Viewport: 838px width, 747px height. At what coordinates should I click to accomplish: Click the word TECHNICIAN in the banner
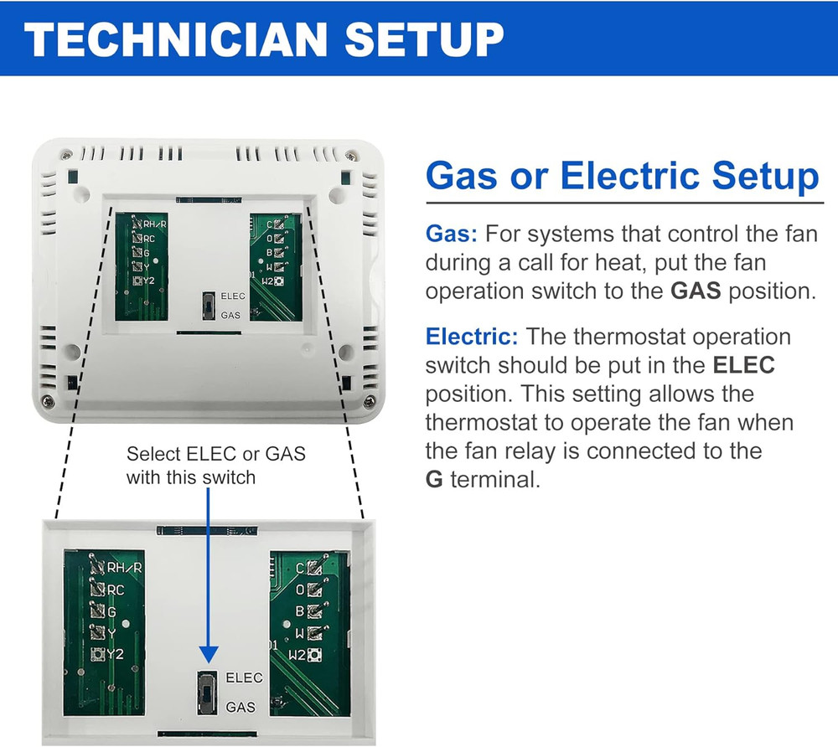pyautogui.click(x=175, y=39)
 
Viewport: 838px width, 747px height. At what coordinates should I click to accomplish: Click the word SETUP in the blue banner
pyautogui.click(x=424, y=39)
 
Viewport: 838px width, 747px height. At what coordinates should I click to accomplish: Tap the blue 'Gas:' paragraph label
pyautogui.click(x=452, y=234)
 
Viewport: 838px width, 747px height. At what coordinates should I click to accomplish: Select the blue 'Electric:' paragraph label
pyautogui.click(x=472, y=337)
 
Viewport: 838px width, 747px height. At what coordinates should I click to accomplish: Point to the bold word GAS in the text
pyautogui.click(x=696, y=291)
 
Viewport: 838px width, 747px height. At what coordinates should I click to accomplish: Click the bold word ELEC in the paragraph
pyautogui.click(x=744, y=365)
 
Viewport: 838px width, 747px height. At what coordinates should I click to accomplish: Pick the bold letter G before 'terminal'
pyautogui.click(x=434, y=480)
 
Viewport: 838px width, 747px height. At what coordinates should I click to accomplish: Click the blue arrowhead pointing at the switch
pyautogui.click(x=209, y=655)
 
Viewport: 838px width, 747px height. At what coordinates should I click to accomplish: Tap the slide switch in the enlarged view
pyautogui.click(x=207, y=693)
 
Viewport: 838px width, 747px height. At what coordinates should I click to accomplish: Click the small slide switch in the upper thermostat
pyautogui.click(x=209, y=306)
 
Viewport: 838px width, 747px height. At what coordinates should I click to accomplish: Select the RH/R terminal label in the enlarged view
pyautogui.click(x=125, y=567)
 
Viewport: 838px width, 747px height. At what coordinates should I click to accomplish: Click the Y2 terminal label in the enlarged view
pyautogui.click(x=115, y=654)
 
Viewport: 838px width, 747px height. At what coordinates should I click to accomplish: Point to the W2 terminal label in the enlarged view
pyautogui.click(x=297, y=655)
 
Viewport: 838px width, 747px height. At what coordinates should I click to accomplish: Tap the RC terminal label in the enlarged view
pyautogui.click(x=116, y=590)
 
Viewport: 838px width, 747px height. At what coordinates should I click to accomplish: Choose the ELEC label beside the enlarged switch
pyautogui.click(x=244, y=677)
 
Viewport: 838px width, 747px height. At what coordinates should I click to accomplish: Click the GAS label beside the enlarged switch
pyautogui.click(x=241, y=707)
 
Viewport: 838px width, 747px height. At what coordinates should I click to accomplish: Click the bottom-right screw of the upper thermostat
pyautogui.click(x=368, y=400)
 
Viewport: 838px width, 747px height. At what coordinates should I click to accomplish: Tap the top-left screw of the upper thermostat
pyautogui.click(x=65, y=156)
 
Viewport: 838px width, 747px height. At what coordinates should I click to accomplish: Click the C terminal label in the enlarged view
pyautogui.click(x=300, y=568)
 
